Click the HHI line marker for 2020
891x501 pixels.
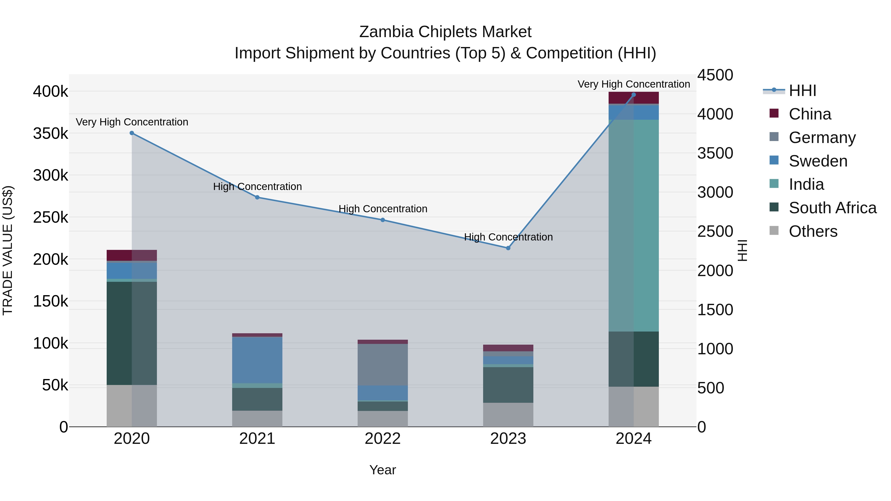pyautogui.click(x=132, y=133)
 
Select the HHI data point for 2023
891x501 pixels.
pyautogui.click(x=508, y=248)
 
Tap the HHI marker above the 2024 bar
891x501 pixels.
pyautogui.click(x=634, y=95)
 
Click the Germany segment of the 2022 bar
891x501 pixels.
pyautogui.click(x=383, y=364)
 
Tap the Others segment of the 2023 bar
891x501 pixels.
pyautogui.click(x=508, y=415)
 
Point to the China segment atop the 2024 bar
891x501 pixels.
pyautogui.click(x=634, y=98)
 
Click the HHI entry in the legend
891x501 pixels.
pyautogui.click(x=802, y=91)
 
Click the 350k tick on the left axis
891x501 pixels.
pyautogui.click(x=50, y=133)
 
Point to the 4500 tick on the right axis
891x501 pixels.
pyautogui.click(x=715, y=75)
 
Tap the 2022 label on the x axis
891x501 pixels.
pyautogui.click(x=383, y=439)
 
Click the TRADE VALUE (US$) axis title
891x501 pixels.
pyautogui.click(x=8, y=250)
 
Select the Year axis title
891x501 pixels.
pyautogui.click(x=383, y=470)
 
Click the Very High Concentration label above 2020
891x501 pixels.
pyautogui.click(x=132, y=122)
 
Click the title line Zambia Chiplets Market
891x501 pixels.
pyautogui.click(x=445, y=32)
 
